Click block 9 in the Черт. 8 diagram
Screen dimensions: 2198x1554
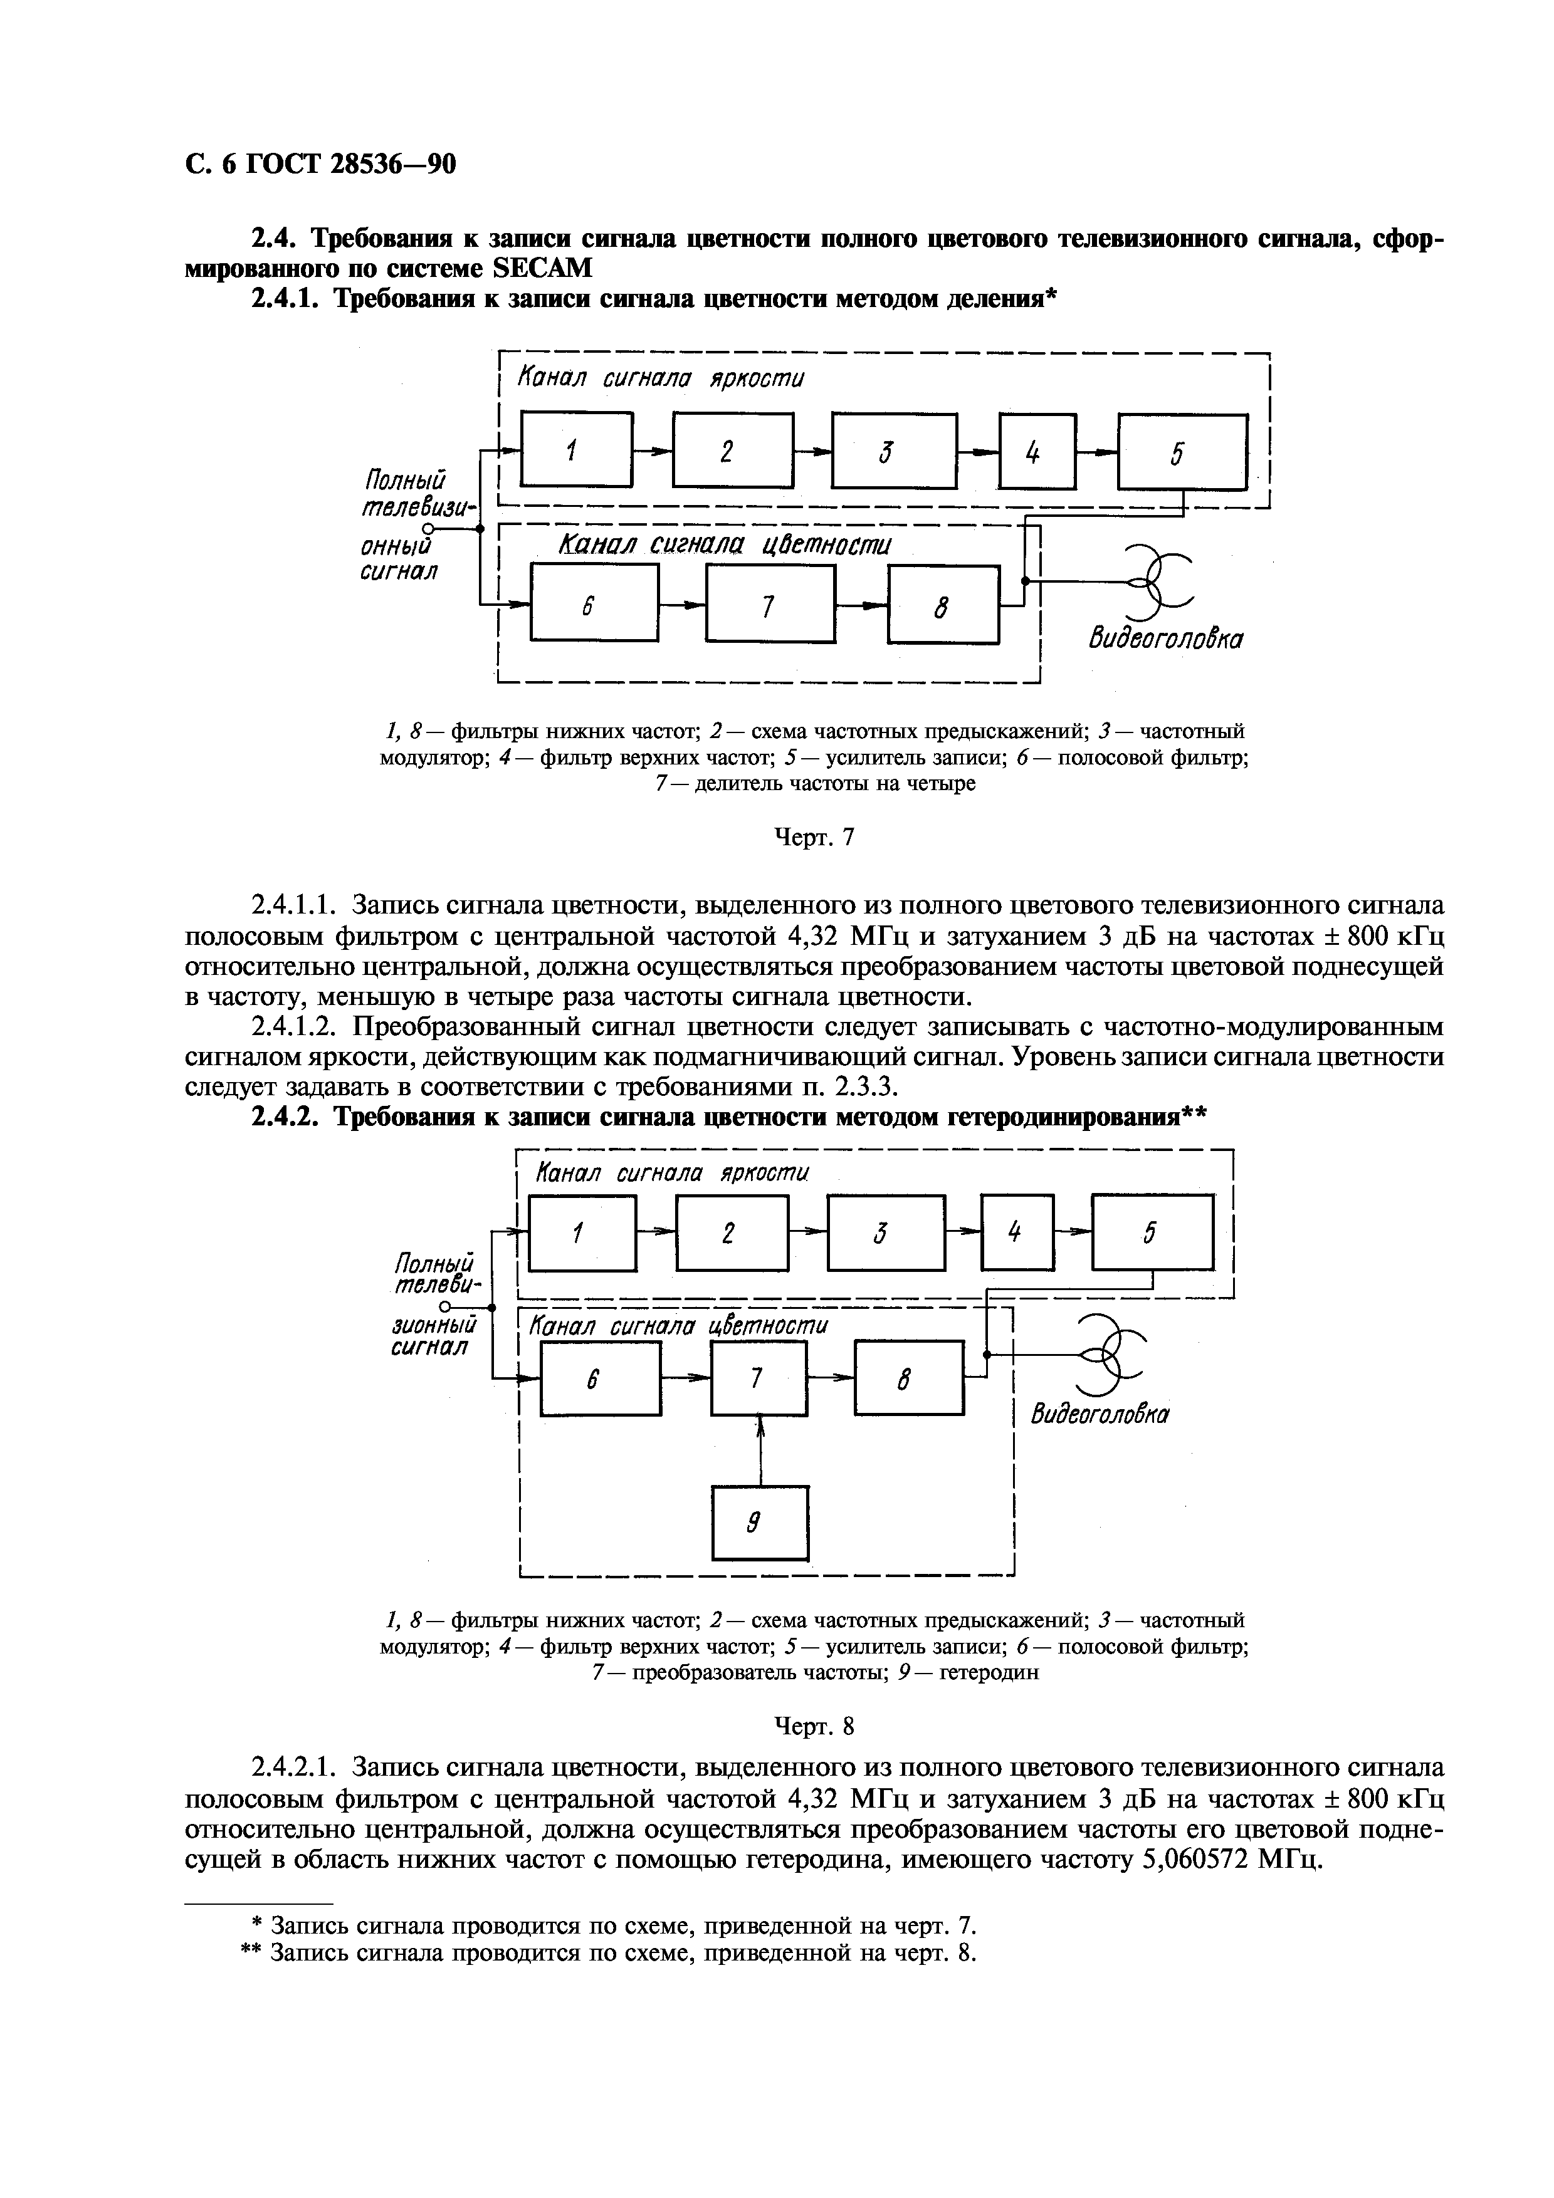coord(760,1521)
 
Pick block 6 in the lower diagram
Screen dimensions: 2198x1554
coord(601,1378)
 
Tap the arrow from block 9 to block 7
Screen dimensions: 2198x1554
coord(760,1451)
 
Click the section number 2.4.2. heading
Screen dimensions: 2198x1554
coord(285,1117)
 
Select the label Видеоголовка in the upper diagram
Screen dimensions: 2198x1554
coord(1163,638)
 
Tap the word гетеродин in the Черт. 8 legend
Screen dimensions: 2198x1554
coord(989,1672)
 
